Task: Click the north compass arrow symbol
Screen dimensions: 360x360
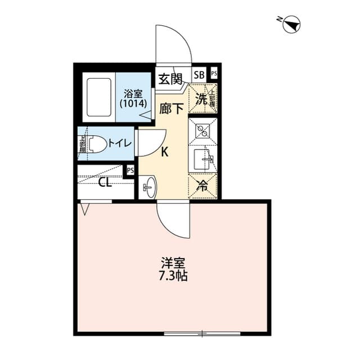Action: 293,24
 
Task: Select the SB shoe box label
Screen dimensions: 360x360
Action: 199,74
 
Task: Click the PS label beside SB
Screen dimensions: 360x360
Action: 214,74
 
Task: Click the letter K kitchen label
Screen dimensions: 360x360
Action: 165,152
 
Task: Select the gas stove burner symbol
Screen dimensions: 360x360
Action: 202,130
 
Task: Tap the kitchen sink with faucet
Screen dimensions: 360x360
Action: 202,159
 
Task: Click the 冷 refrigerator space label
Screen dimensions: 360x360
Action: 202,186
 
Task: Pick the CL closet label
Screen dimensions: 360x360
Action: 105,182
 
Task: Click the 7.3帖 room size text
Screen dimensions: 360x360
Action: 173,276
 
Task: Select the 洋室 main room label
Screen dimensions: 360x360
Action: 173,262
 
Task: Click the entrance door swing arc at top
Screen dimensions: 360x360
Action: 175,42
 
